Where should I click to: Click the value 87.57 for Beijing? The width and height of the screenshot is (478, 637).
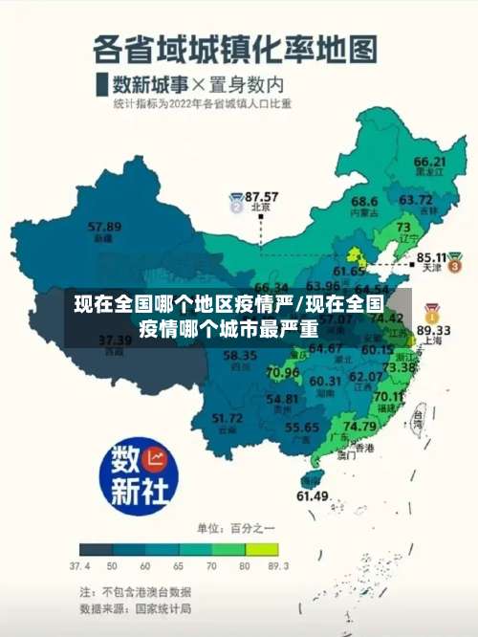point(261,195)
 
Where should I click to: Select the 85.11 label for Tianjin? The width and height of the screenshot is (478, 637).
point(434,257)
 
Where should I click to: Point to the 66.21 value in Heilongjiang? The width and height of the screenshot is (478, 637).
point(430,162)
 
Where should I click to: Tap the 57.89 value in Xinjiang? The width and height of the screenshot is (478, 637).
point(104,227)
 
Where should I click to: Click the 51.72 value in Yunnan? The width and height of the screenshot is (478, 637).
point(227,417)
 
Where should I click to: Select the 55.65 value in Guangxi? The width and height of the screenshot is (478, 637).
point(302,428)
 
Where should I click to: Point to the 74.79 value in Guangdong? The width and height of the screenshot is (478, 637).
point(359,426)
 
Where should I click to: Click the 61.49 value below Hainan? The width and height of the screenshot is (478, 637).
point(313,495)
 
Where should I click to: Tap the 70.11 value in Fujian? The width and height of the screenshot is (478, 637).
point(389,396)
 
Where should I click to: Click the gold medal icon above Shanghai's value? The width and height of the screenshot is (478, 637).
point(432,313)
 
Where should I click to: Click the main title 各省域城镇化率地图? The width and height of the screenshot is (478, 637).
point(235,48)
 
